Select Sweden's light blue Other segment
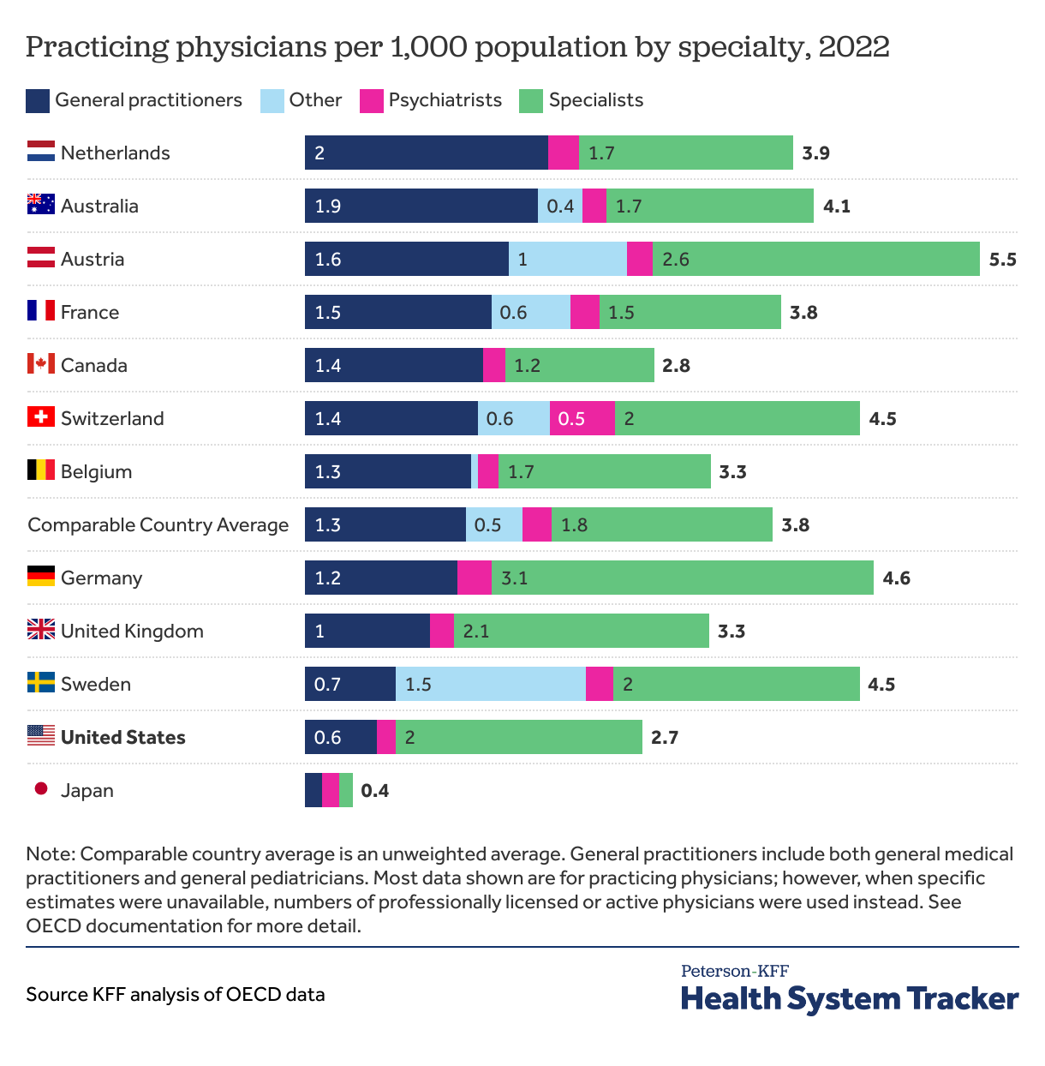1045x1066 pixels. pyautogui.click(x=490, y=684)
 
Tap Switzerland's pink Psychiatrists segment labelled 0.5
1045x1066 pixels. pyautogui.click(x=582, y=418)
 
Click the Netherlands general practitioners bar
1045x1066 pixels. pyautogui.click(x=426, y=153)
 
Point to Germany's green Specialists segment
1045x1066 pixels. pyautogui.click(x=682, y=578)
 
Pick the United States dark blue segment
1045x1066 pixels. pyautogui.click(x=340, y=737)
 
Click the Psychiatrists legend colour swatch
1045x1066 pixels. pyautogui.click(x=371, y=101)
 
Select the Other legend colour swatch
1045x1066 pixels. pyautogui.click(x=272, y=101)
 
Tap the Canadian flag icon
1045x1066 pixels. pyautogui.click(x=40, y=364)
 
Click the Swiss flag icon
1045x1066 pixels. pyautogui.click(x=40, y=417)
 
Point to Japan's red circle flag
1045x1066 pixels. pyautogui.click(x=40, y=789)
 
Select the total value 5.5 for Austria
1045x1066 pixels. pyautogui.click(x=1002, y=260)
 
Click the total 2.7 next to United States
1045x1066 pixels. pyautogui.click(x=665, y=738)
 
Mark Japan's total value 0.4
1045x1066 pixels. pyautogui.click(x=374, y=791)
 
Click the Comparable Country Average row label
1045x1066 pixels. pyautogui.click(x=158, y=524)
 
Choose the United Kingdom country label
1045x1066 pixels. pyautogui.click(x=132, y=632)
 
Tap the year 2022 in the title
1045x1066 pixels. pyautogui.click(x=854, y=46)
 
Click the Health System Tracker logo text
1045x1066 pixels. pyautogui.click(x=849, y=998)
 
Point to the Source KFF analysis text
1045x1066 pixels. pyautogui.click(x=175, y=994)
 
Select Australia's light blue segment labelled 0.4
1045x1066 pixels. pyautogui.click(x=560, y=206)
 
